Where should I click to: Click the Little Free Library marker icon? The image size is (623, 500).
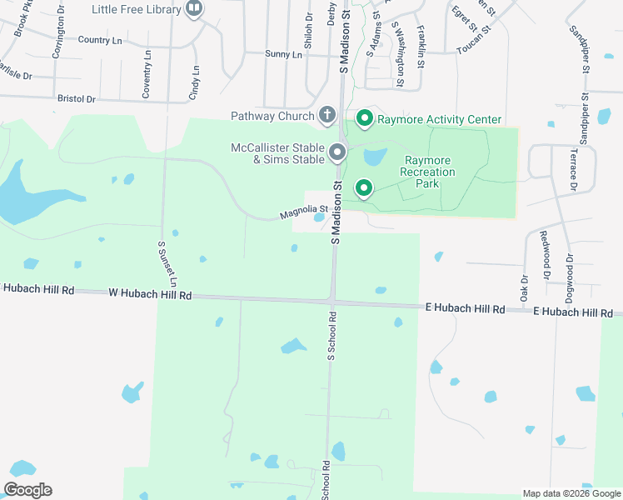coord(194,9)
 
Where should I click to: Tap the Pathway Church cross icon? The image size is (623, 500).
coord(327,115)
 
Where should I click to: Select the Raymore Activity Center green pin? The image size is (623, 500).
coord(364,119)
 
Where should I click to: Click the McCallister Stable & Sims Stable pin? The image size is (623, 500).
coord(337,152)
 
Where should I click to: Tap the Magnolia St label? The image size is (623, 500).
coord(299,213)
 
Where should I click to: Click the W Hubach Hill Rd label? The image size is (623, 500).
coord(150,295)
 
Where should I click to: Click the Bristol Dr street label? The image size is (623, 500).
coord(77,98)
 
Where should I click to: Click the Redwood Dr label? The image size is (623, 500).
coord(546,255)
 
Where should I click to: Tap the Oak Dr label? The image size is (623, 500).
coord(525,288)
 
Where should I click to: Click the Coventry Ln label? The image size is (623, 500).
coord(147,75)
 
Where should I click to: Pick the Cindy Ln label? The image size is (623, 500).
coord(196,83)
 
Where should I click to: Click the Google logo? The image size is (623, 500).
coord(27,490)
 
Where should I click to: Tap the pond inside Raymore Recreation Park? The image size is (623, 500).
coord(375,156)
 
